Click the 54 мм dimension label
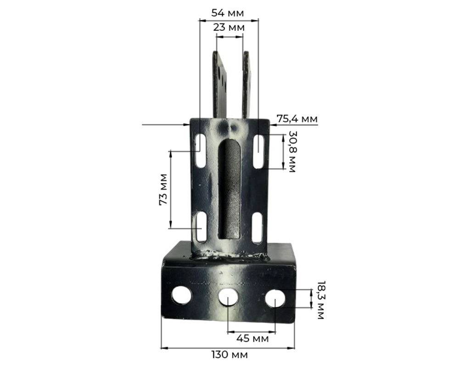pyautogui.click(x=228, y=13)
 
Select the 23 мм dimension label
pyautogui.click(x=229, y=28)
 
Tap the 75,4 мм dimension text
pyautogui.click(x=297, y=119)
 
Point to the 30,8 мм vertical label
pyautogui.click(x=292, y=152)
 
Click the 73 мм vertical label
pyautogui.click(x=163, y=190)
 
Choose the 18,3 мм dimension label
pyautogui.click(x=321, y=300)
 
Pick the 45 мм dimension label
pyautogui.click(x=252, y=339)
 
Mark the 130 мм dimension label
pyautogui.click(x=229, y=355)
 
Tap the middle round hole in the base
pyautogui.click(x=228, y=298)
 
